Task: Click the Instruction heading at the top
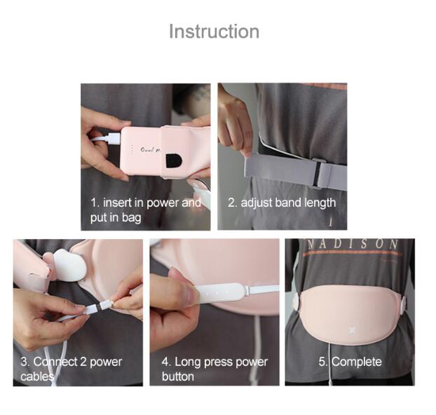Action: (x=214, y=32)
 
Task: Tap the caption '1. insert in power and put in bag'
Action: (x=145, y=210)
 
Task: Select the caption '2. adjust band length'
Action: (x=282, y=203)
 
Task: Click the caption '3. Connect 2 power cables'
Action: (x=71, y=369)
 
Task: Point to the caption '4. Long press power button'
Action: (x=214, y=369)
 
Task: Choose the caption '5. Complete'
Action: (x=350, y=362)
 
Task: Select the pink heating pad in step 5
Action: (x=350, y=308)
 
